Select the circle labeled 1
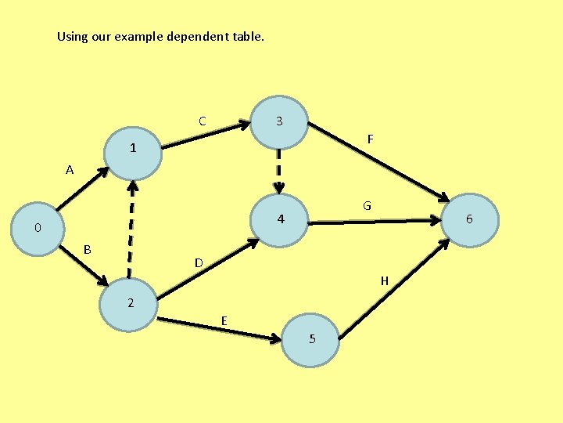tap(133, 147)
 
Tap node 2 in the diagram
tap(131, 302)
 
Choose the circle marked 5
tap(311, 339)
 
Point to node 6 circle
tap(469, 219)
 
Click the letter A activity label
tap(70, 169)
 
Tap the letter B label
tap(88, 249)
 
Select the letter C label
tap(202, 121)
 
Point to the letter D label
tap(199, 262)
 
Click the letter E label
tap(224, 320)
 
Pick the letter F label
tap(371, 139)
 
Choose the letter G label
tap(366, 205)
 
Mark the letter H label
tap(384, 280)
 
